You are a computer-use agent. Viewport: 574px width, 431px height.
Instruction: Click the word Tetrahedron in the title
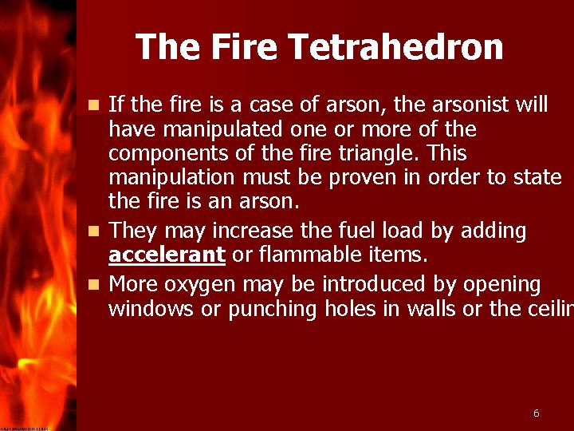point(396,47)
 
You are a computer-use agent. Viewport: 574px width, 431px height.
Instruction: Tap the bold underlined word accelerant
point(167,255)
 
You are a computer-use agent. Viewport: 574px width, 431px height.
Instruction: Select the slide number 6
point(536,413)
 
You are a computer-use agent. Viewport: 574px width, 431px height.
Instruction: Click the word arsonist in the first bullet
point(466,104)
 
